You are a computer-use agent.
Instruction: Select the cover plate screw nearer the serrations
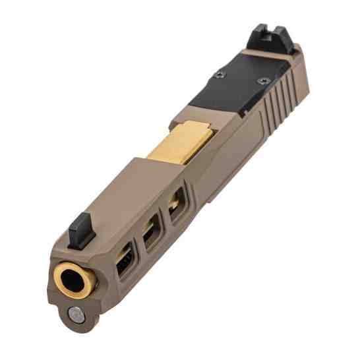264,81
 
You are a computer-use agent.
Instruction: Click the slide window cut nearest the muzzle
123,263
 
